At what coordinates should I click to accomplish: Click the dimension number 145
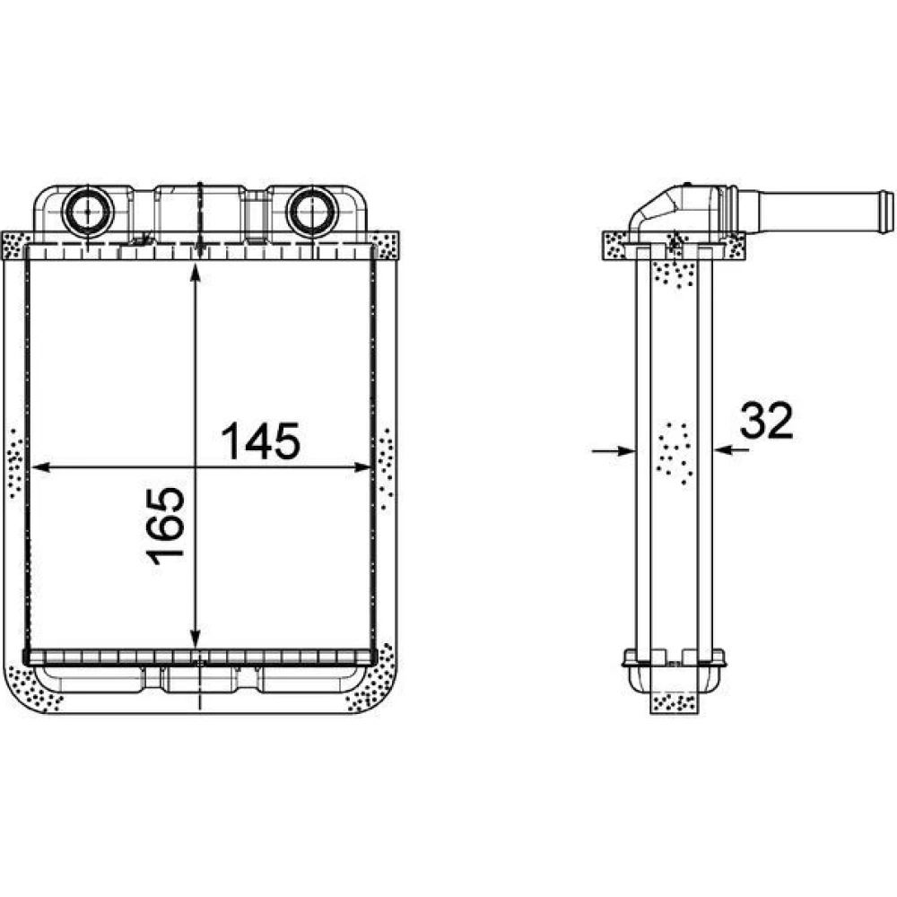click(261, 441)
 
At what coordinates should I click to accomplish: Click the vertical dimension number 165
click(166, 526)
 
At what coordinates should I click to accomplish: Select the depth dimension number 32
click(767, 421)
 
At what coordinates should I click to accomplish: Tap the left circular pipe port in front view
click(88, 211)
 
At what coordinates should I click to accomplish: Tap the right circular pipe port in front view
click(312, 211)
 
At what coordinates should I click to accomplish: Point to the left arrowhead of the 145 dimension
click(40, 467)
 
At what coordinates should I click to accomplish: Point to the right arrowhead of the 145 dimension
click(362, 467)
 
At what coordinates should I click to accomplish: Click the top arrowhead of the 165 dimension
click(196, 274)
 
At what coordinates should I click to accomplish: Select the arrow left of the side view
click(614, 451)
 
